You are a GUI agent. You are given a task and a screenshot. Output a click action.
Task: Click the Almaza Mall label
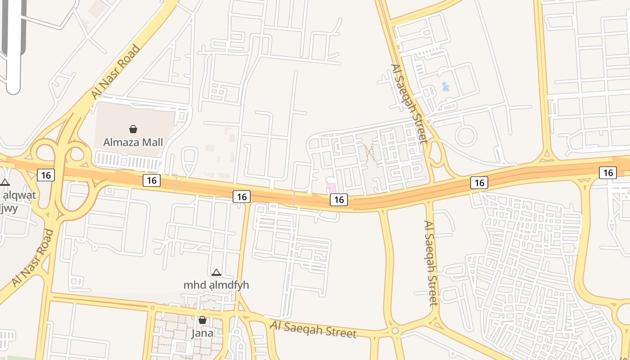[133, 142]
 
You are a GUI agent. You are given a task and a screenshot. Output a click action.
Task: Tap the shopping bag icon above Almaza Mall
[133, 130]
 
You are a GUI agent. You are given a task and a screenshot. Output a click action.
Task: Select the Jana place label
[202, 333]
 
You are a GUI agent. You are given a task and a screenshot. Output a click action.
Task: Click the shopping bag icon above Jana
[202, 320]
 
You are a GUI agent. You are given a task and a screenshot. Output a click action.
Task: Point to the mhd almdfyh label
[216, 285]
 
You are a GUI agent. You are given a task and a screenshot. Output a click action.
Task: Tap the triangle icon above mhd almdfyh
[216, 272]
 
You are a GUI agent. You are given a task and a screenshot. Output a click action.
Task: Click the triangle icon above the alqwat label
[5, 183]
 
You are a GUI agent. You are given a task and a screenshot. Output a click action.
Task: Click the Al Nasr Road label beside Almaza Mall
[115, 72]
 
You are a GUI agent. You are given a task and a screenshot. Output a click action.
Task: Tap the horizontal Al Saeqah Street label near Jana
[313, 329]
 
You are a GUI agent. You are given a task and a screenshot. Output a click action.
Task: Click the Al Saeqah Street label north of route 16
[409, 103]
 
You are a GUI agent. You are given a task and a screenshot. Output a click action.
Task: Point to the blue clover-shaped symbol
[445, 86]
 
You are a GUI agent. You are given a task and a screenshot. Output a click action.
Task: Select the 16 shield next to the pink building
[339, 199]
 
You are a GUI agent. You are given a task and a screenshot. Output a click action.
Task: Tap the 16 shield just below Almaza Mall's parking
[152, 180]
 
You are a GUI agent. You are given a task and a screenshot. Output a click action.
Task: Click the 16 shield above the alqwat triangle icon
[45, 175]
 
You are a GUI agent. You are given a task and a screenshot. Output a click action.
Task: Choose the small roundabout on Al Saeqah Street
[395, 331]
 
